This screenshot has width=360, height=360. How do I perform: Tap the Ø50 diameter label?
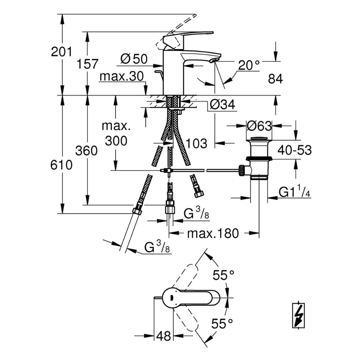[134, 59]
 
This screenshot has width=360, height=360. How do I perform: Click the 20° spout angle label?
[249, 65]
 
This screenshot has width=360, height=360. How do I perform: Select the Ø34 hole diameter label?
[222, 105]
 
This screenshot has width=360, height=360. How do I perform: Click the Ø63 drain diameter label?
[259, 126]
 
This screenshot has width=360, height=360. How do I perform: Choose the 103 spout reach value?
[197, 143]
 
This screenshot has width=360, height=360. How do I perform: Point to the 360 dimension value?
[87, 151]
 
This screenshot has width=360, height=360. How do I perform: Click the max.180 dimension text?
[213, 234]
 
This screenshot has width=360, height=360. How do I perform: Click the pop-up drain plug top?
[259, 139]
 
